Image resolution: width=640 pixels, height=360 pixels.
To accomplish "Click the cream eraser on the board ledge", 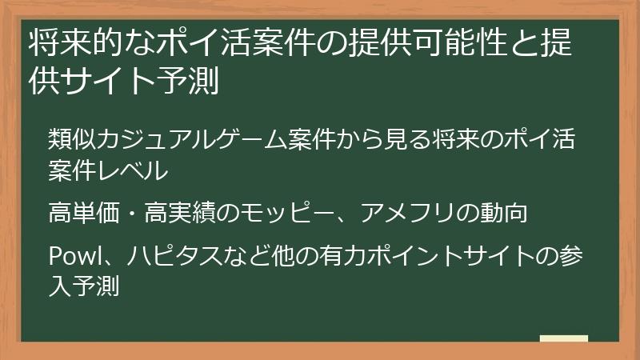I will coord(564,338).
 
